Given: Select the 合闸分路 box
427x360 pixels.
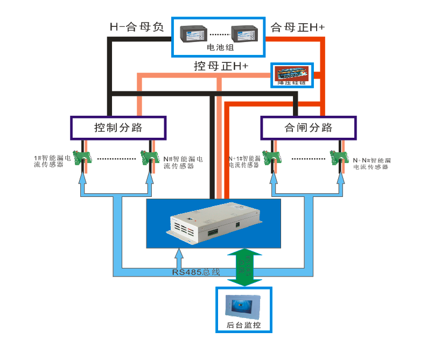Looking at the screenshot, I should [308, 128].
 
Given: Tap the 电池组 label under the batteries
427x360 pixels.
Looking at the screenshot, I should [218, 48].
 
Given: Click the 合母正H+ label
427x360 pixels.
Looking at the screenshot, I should [297, 27].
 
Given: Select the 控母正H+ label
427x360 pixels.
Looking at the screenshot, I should [221, 66].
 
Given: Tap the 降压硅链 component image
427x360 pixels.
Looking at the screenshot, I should [291, 75].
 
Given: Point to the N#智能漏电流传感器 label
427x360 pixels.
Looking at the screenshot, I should [183, 161].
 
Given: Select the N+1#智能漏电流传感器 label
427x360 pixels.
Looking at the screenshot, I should [244, 161].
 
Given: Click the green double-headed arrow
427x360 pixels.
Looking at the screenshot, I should [244, 267].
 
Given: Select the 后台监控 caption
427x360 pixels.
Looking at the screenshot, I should [244, 325].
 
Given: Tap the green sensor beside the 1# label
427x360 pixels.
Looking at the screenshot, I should [82, 157].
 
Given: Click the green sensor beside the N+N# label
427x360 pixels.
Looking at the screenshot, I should [339, 157].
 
